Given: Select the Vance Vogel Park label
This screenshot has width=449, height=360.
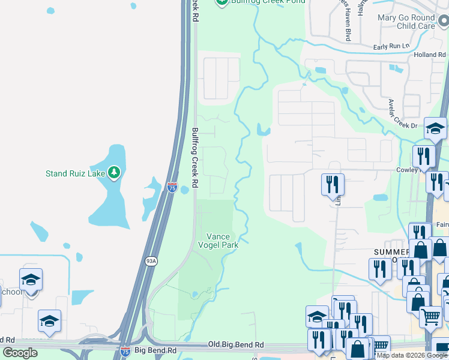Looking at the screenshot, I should click(218, 241).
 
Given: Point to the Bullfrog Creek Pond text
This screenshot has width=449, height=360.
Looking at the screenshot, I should click(269, 2).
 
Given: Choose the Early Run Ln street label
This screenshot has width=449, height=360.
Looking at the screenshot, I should click(391, 46).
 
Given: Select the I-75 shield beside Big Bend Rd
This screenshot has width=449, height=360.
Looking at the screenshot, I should click(125, 350).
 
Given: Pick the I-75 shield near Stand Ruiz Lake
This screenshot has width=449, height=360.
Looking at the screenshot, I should click(172, 188).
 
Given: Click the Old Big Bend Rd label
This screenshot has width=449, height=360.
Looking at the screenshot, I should click(235, 345).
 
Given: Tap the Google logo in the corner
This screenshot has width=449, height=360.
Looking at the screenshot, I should click(20, 352).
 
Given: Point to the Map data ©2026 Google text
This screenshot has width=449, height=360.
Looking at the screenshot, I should click(412, 355).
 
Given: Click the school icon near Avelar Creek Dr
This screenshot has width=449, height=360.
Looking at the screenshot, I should click(435, 128).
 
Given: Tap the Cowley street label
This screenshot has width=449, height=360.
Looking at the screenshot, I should click(407, 170).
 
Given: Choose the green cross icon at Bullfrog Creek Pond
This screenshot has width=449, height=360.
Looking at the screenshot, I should click(221, 2).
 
